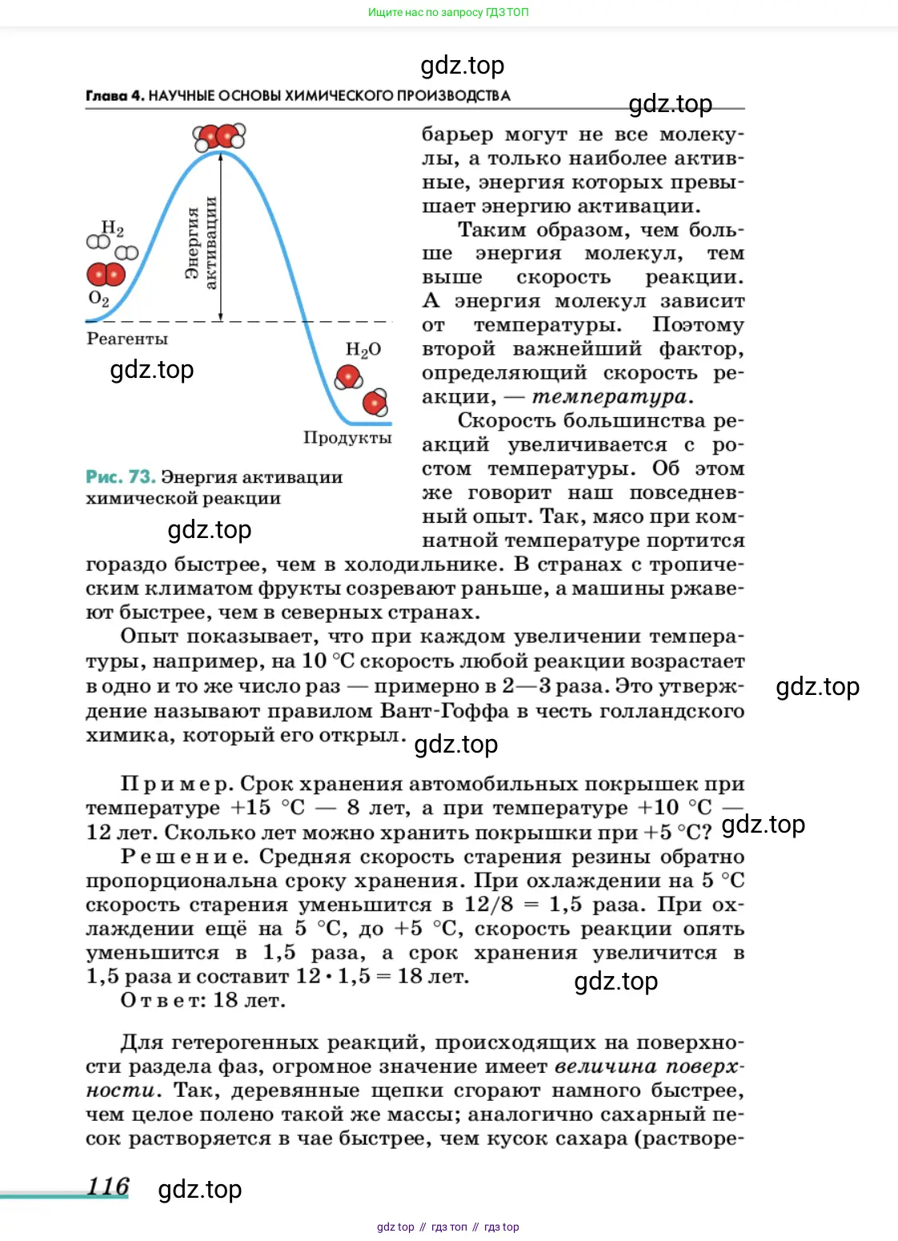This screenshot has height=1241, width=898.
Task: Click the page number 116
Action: (x=108, y=1186)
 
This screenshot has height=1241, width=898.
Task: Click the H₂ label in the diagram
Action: (x=113, y=229)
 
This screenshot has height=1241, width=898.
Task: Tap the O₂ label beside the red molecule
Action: (x=98, y=299)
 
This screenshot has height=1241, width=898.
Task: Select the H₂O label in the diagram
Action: (x=363, y=350)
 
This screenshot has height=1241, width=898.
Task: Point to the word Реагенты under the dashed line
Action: (x=127, y=339)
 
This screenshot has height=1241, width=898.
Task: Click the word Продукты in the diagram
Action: (x=347, y=437)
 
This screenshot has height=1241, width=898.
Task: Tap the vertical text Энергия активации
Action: (x=201, y=243)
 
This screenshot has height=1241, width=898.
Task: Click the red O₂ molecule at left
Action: (x=106, y=275)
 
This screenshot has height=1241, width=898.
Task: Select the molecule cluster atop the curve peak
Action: (x=219, y=137)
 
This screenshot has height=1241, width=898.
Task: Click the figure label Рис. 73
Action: (x=120, y=476)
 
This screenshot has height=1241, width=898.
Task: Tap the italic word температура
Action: (x=609, y=396)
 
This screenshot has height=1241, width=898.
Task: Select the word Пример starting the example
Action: (x=176, y=784)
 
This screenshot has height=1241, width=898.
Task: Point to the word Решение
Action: (x=184, y=857)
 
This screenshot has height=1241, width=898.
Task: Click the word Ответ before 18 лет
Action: (x=164, y=1000)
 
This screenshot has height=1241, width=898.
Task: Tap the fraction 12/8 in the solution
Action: (x=488, y=905)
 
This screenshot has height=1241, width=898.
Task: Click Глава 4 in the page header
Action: (x=115, y=95)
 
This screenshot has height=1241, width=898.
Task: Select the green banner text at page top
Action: (x=448, y=12)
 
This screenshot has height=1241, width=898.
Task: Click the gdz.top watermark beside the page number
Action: (x=200, y=1190)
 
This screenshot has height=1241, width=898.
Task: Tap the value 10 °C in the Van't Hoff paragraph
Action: (x=328, y=661)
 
